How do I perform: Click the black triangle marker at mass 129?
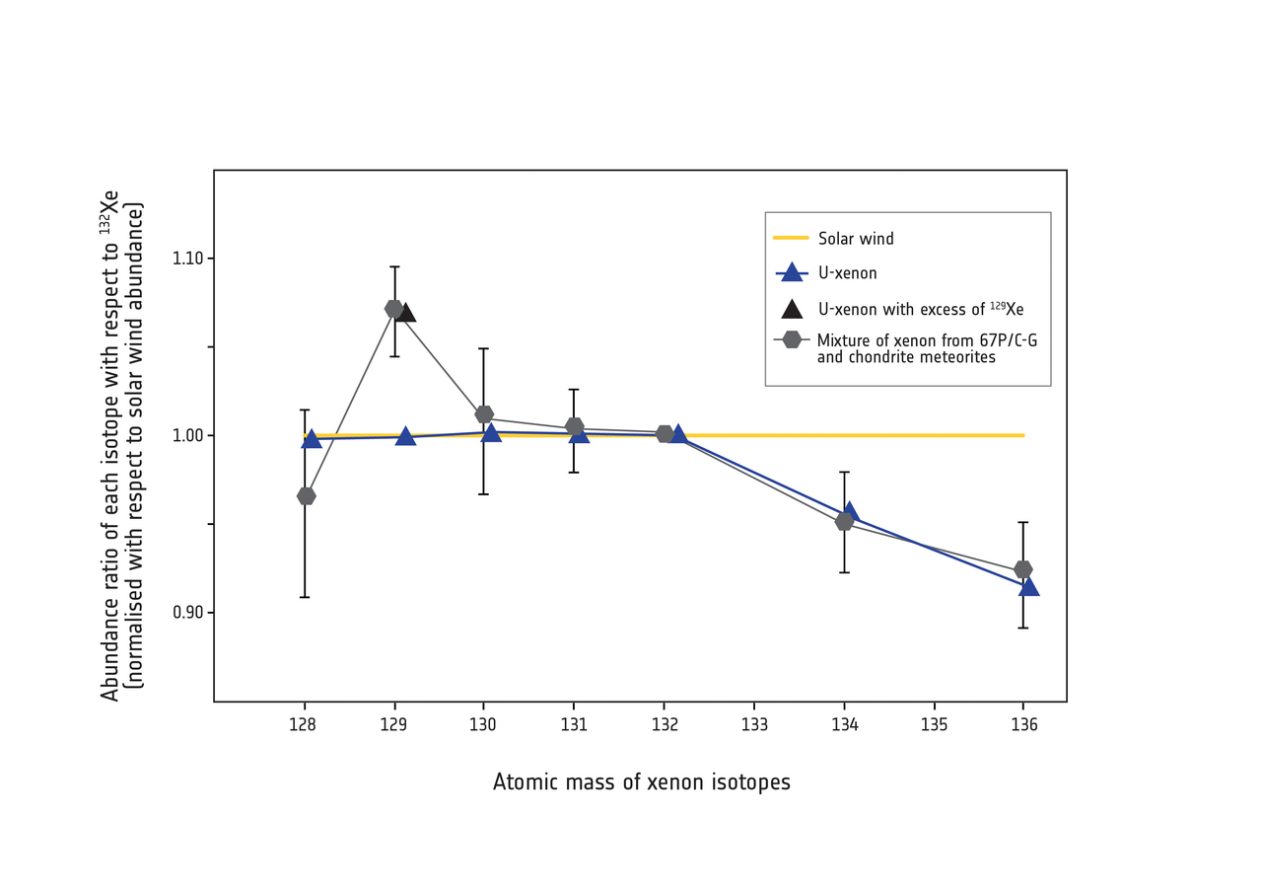405,313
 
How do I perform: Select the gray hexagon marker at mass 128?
306,495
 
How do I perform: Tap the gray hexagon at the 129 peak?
393,309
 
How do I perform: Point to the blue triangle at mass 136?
1029,586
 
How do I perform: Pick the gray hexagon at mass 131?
575,426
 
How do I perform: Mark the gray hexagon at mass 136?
1023,569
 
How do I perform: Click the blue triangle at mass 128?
312,439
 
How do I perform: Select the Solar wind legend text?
856,239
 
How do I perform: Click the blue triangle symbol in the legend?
791,273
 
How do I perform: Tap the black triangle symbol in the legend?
791,309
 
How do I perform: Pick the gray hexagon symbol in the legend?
791,339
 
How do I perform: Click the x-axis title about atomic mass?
641,782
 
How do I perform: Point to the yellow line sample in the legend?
791,238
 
